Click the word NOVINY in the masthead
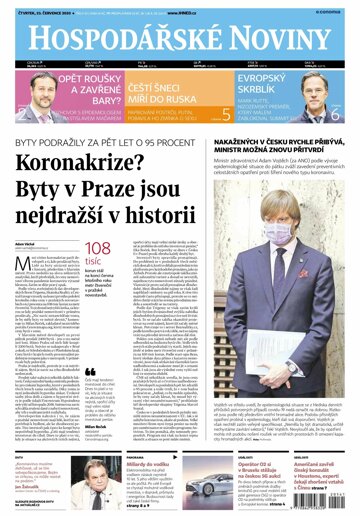[x=275, y=36]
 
